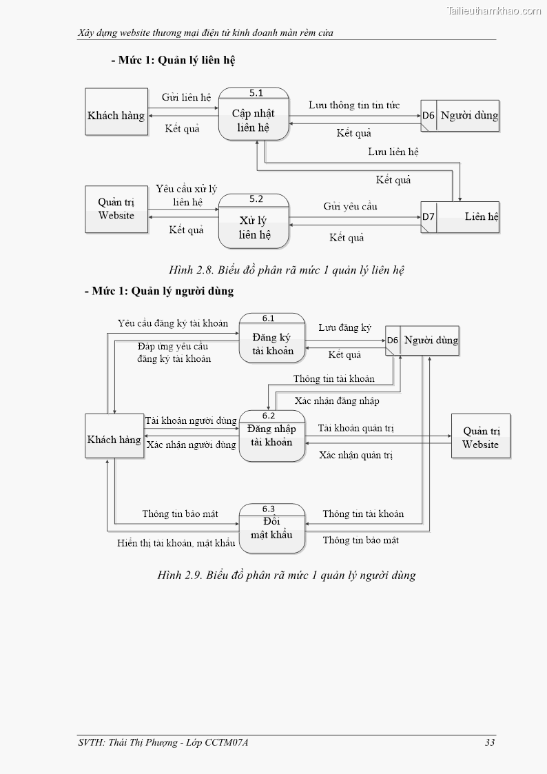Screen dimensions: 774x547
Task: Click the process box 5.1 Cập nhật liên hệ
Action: [x=254, y=114]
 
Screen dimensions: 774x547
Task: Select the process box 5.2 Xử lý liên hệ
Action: [x=254, y=221]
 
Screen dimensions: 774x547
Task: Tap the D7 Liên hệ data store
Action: [x=460, y=216]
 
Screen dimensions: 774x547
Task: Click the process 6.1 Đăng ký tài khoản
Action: [x=272, y=338]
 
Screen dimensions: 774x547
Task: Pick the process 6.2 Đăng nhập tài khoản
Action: [x=271, y=436]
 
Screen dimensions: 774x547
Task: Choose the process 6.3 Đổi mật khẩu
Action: [x=271, y=529]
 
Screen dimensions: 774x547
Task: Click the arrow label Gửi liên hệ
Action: [x=186, y=97]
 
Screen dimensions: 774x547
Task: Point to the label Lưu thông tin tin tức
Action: [x=354, y=105]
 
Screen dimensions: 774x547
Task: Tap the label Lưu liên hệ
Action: [x=393, y=151]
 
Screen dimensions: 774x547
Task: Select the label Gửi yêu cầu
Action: [x=350, y=206]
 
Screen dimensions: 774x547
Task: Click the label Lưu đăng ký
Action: [x=344, y=327]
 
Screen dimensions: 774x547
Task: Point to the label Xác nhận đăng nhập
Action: [x=337, y=400]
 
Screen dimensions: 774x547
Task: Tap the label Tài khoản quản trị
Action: [x=356, y=428]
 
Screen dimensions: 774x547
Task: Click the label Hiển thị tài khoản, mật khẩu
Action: [x=176, y=543]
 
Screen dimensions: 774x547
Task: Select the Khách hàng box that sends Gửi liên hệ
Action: [x=116, y=112]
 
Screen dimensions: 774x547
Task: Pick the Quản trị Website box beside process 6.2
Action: [x=480, y=436]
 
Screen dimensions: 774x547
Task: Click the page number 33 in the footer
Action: [x=490, y=742]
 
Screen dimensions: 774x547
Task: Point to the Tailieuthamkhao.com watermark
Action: [x=494, y=10]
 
